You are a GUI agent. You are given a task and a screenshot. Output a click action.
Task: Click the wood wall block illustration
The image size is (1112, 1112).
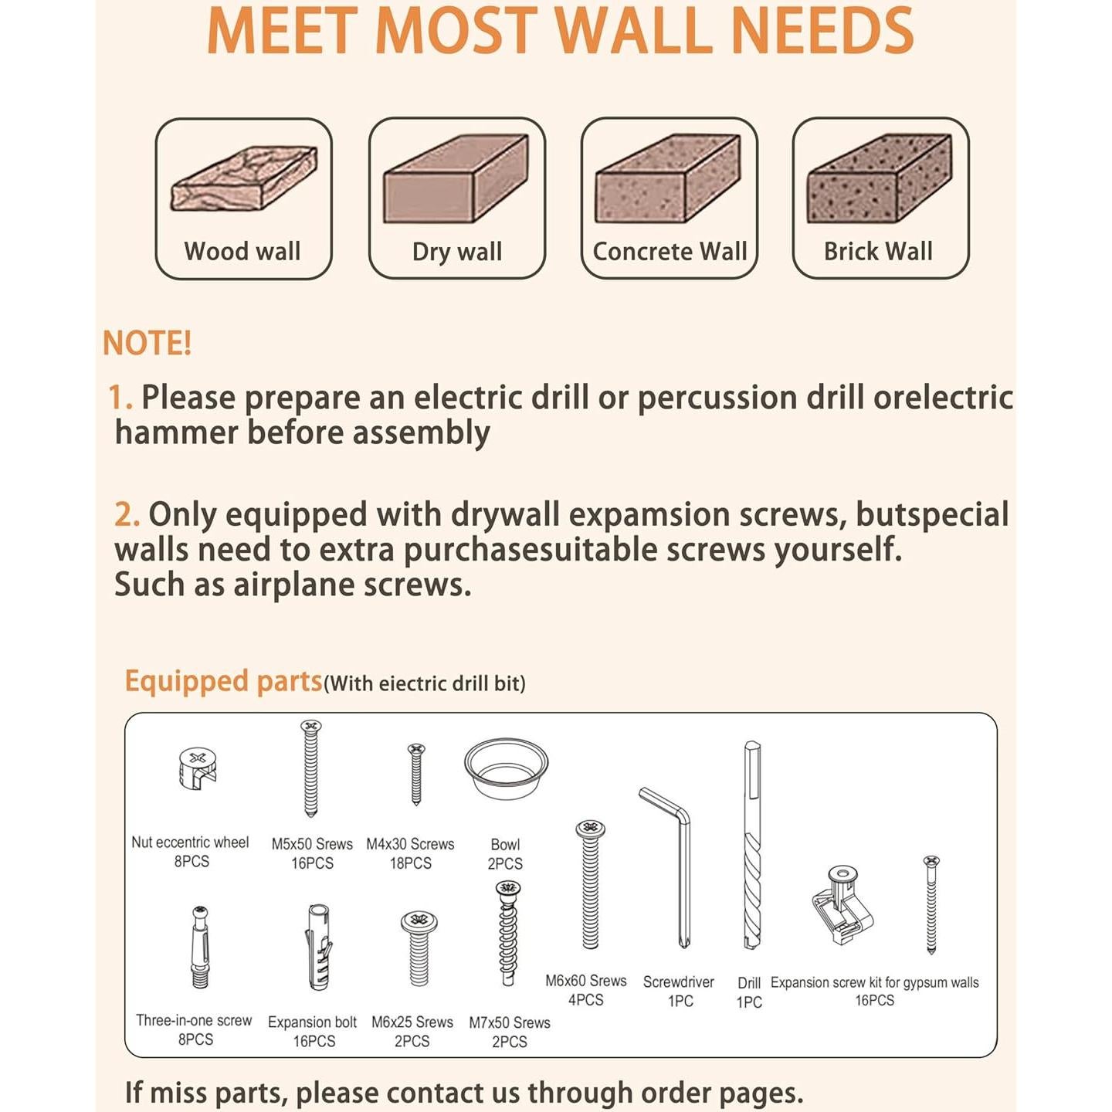pyautogui.click(x=244, y=179)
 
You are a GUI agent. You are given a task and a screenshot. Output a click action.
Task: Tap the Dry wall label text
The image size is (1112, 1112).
pyautogui.click(x=457, y=252)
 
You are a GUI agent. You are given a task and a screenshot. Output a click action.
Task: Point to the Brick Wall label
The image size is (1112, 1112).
pyautogui.click(x=878, y=252)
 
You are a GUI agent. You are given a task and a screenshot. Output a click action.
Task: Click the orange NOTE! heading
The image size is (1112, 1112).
pyautogui.click(x=147, y=344)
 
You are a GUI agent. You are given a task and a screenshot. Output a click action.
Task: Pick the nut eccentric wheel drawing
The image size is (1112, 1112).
pyautogui.click(x=197, y=769)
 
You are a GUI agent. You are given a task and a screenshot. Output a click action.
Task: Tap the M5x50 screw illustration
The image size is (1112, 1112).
pyautogui.click(x=311, y=768)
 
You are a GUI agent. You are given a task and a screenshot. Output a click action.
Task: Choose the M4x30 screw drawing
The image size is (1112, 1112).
pyautogui.click(x=416, y=775)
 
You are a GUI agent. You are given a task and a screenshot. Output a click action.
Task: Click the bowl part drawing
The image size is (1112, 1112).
pyautogui.click(x=506, y=769)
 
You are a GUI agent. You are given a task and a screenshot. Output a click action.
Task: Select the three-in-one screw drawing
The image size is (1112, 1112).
pyautogui.click(x=200, y=948)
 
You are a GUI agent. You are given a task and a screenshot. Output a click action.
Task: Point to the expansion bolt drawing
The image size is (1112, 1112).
pyautogui.click(x=318, y=948)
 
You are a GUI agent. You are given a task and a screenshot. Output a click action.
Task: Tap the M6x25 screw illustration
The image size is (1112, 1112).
pyautogui.click(x=419, y=949)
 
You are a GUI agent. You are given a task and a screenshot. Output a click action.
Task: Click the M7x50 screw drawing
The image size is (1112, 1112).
pyautogui.click(x=508, y=934)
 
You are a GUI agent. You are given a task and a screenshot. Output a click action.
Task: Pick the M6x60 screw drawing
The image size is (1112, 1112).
pyautogui.click(x=590, y=885)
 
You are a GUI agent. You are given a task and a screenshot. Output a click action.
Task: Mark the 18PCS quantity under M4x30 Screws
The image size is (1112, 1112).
pyautogui.click(x=410, y=863)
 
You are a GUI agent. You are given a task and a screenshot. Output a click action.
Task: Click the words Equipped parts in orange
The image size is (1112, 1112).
pyautogui.click(x=223, y=682)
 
